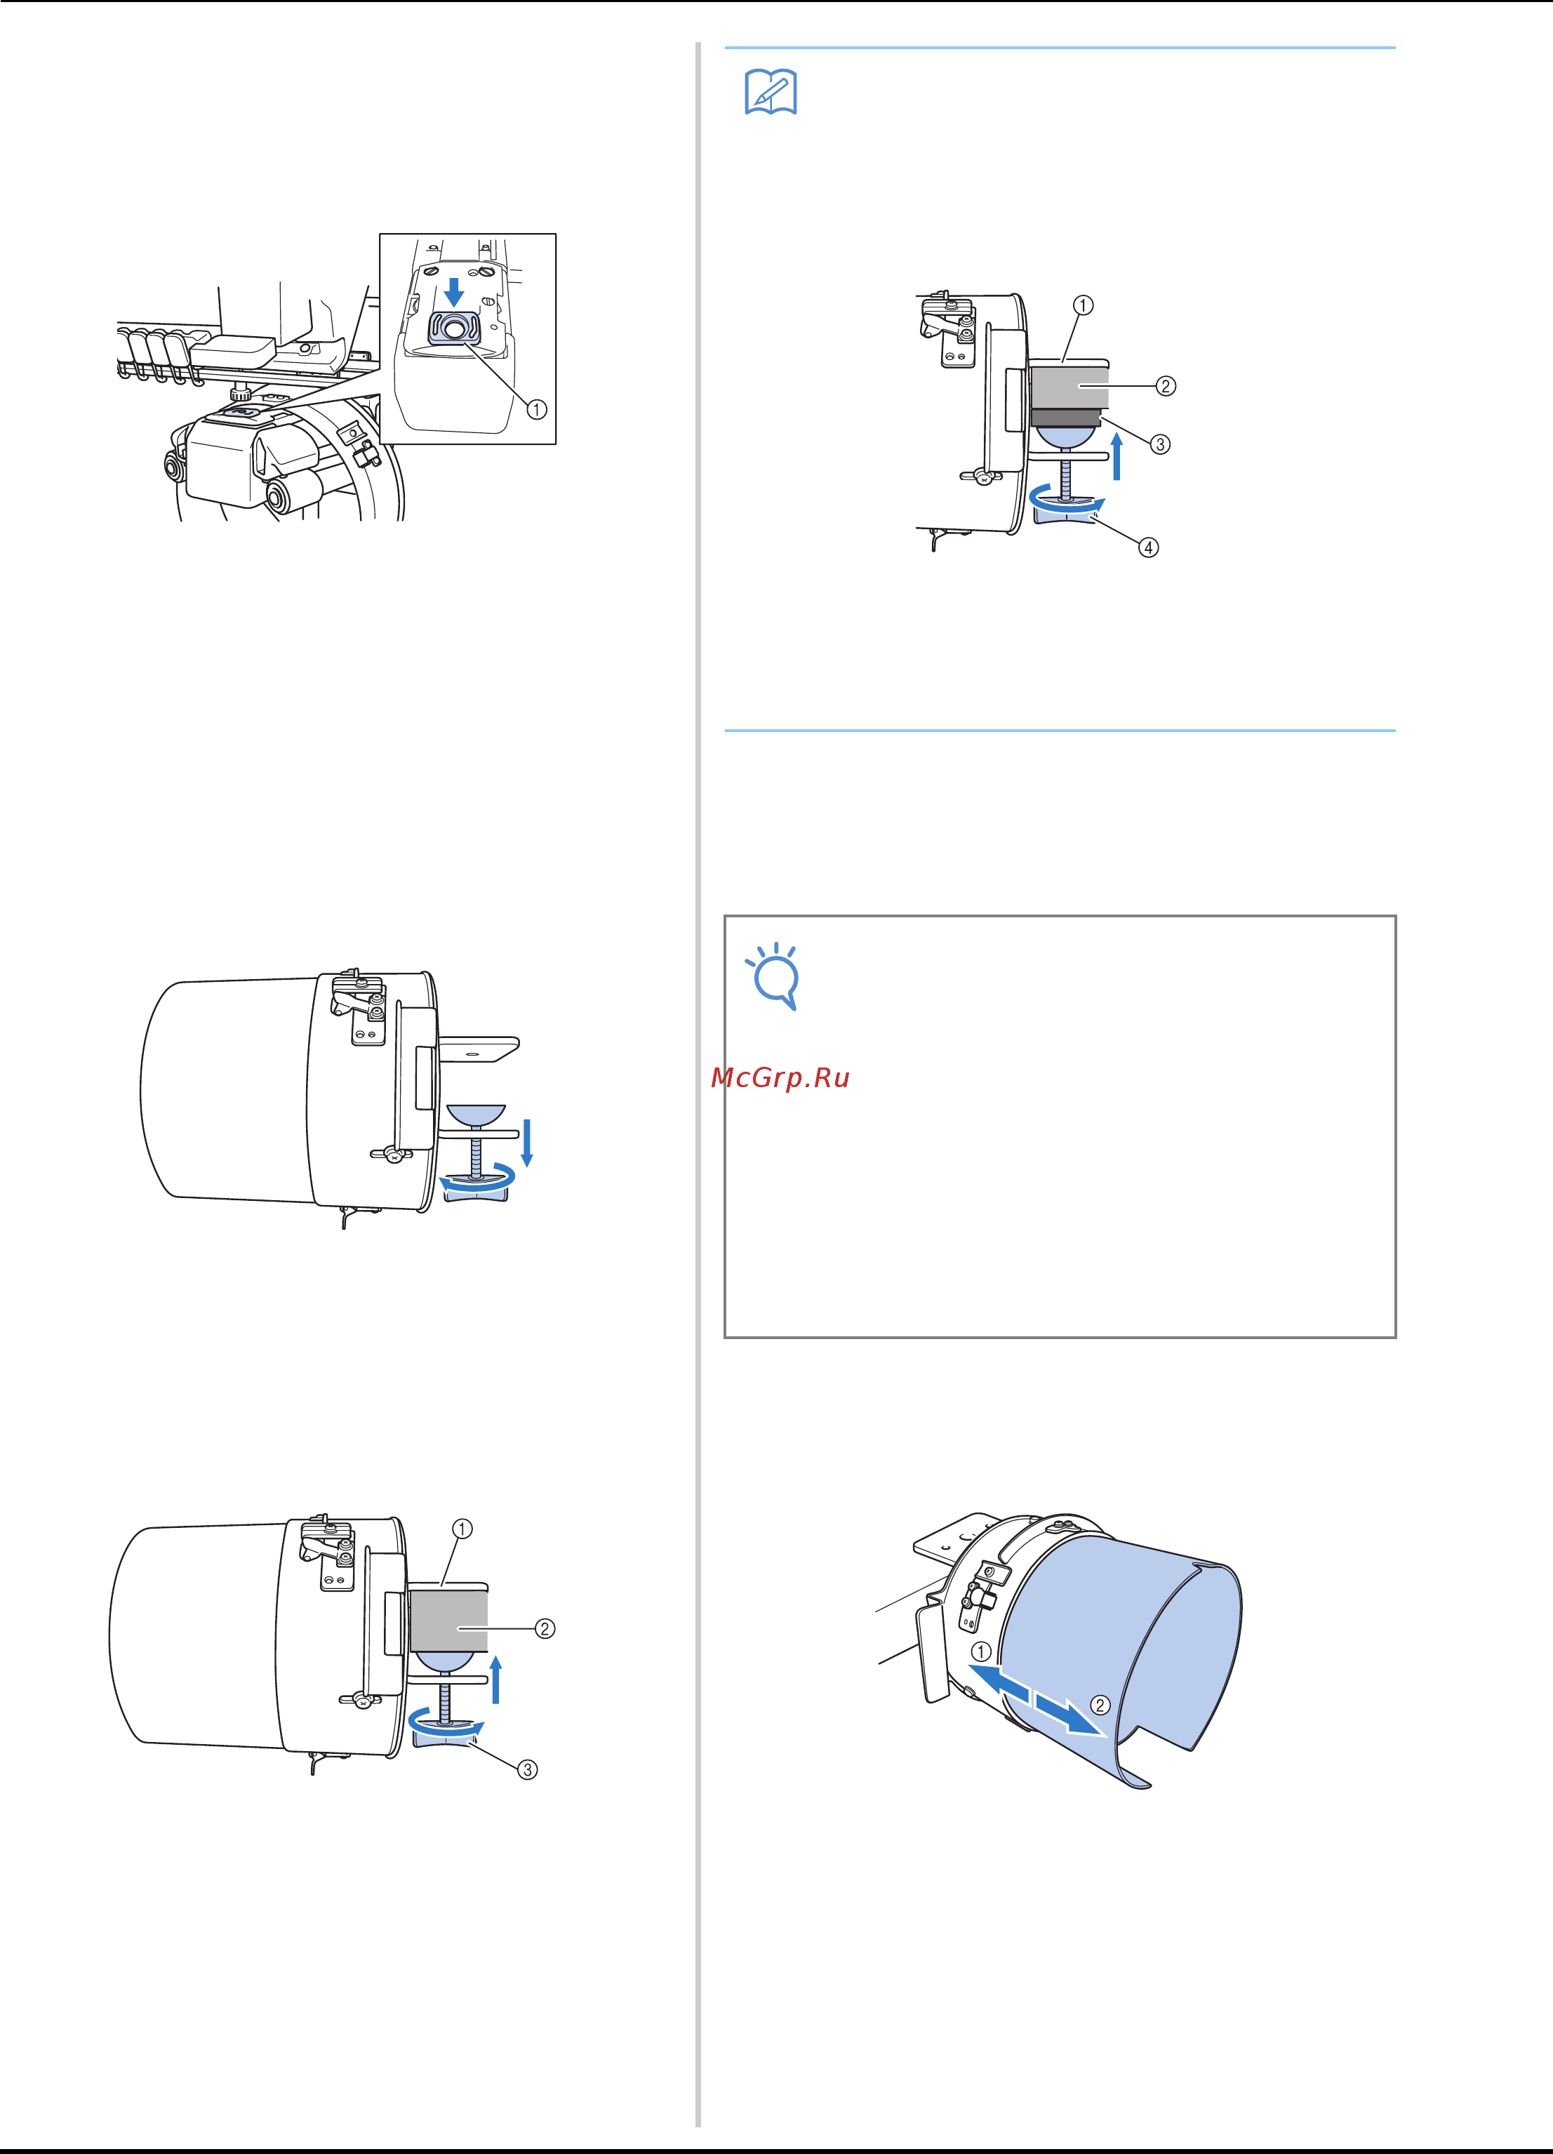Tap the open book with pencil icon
771,92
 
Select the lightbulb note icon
773,976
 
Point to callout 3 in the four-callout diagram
1160,444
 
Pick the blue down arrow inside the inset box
454,291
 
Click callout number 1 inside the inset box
537,409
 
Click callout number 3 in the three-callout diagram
527,1769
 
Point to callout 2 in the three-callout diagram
545,1629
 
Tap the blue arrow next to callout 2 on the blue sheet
1070,1715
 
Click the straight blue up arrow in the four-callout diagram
1118,456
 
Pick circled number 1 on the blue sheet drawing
981,1651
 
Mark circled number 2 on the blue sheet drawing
1099,1705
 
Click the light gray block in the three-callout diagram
448,1621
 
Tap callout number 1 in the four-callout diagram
1083,305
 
